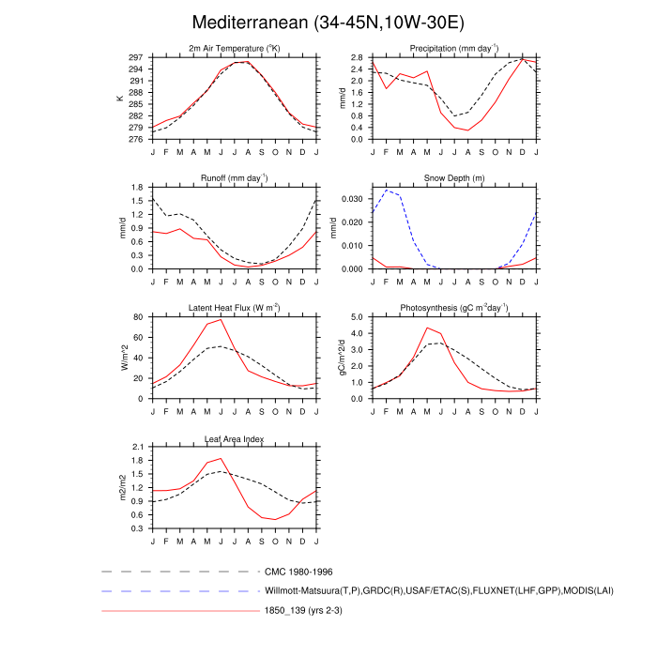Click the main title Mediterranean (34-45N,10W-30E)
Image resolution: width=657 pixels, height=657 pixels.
coord(328,22)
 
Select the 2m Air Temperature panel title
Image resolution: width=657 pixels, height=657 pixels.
coord(234,49)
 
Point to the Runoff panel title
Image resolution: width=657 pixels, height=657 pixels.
coord(234,178)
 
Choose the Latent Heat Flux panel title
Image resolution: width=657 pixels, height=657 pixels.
coord(234,308)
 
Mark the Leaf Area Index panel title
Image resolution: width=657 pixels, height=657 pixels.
coord(234,437)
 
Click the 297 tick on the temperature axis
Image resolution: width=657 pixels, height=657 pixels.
coord(138,57)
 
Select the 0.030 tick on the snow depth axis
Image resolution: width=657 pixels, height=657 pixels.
coord(353,199)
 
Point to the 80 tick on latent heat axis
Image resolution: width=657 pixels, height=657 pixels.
coord(141,316)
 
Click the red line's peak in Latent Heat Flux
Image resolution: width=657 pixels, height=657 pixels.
coord(221,319)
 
